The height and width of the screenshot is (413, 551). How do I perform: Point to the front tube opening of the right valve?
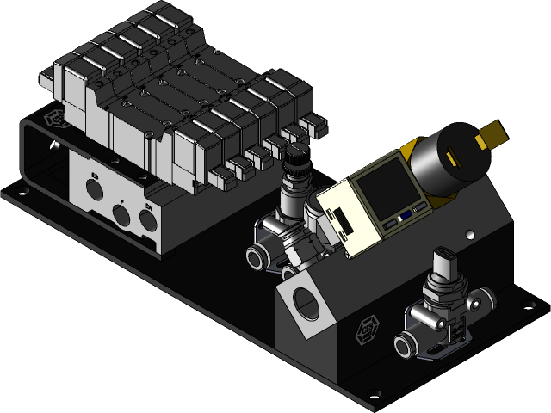point(404,347)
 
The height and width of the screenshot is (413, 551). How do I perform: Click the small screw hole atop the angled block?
point(468,233)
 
